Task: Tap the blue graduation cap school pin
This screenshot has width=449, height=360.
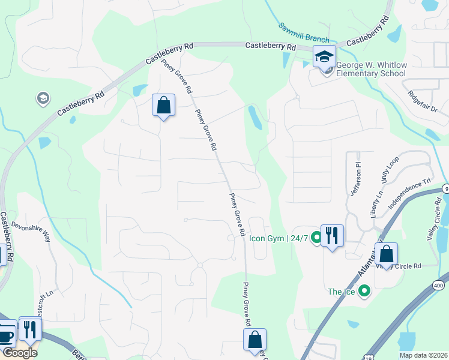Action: tap(324, 57)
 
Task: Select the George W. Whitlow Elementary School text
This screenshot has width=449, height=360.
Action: tap(370, 69)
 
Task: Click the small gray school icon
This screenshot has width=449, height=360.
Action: tap(43, 98)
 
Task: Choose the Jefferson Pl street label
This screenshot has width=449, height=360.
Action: tap(354, 178)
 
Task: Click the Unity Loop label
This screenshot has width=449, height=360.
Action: tap(389, 171)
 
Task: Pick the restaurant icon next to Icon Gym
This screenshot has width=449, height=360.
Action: tap(332, 235)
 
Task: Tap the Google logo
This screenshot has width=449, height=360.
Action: tap(19, 353)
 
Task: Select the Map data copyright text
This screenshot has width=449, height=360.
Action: tap(424, 355)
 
